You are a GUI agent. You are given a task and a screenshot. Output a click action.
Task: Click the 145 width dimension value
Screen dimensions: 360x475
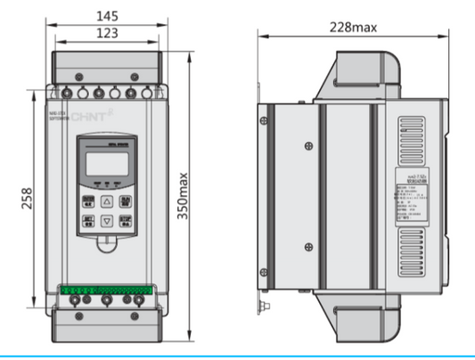pos(107,16)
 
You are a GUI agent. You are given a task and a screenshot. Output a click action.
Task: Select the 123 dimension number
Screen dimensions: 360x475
pos(107,33)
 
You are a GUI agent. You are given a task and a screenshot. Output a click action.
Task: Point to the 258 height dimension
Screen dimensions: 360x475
pos(28,194)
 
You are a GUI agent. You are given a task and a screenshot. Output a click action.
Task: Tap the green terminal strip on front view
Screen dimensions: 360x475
pos(106,289)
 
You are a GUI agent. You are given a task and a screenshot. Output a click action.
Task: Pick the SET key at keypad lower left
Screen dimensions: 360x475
pos(88,220)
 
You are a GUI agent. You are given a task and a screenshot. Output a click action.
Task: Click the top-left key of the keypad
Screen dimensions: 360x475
pos(88,201)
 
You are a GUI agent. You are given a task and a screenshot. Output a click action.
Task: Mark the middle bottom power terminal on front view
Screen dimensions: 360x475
pos(106,301)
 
